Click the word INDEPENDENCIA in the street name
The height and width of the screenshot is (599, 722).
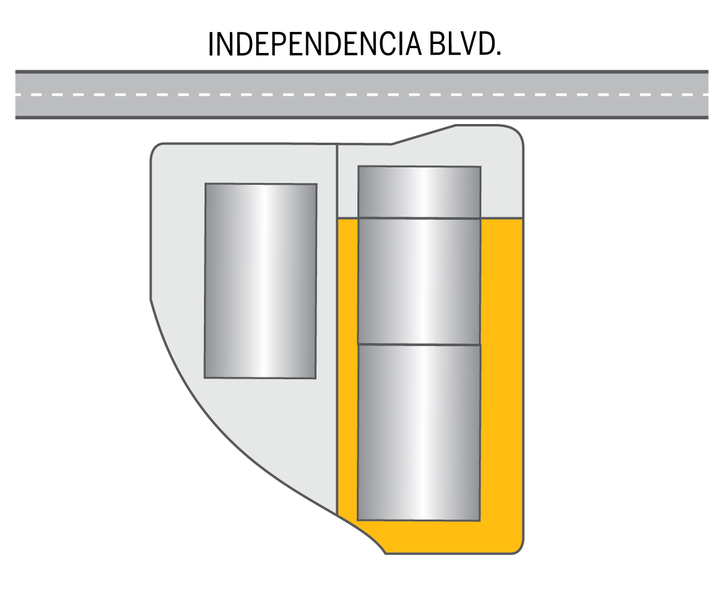[314, 44]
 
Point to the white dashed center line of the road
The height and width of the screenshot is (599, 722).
[361, 95]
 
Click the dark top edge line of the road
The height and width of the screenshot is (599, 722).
[361, 72]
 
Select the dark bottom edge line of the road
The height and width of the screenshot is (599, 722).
[361, 117]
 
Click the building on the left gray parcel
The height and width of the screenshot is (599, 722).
[261, 281]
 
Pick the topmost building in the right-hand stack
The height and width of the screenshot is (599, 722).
[419, 191]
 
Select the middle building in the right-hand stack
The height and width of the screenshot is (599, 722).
[419, 281]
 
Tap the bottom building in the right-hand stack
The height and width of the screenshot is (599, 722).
[419, 432]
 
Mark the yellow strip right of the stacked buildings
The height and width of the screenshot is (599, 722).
[501, 373]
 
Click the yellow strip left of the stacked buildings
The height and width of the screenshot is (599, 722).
[347, 373]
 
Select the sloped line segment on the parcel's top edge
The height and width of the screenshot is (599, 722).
[424, 135]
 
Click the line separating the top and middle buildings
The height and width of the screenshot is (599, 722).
[419, 218]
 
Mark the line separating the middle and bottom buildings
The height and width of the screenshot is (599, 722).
[419, 345]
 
